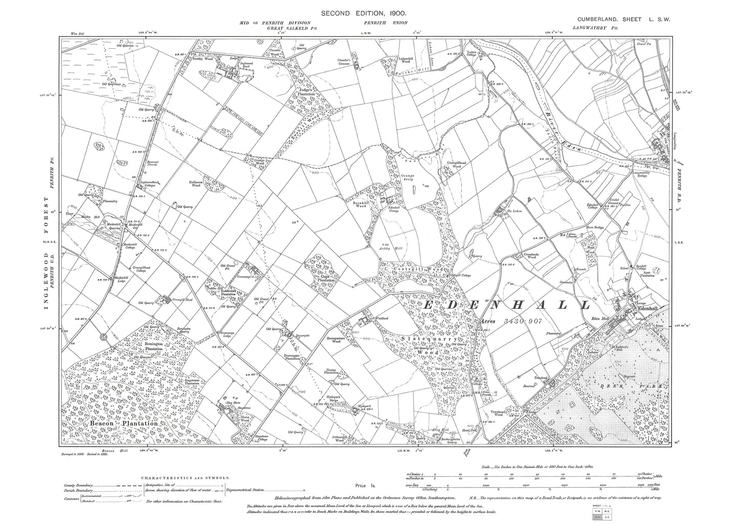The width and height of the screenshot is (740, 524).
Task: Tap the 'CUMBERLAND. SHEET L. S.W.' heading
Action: [620, 19]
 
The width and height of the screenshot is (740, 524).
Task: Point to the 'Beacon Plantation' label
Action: [123, 424]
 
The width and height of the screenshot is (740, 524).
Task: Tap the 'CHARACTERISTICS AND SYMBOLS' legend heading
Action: [186, 477]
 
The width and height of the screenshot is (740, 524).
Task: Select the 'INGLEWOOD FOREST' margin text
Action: [47, 254]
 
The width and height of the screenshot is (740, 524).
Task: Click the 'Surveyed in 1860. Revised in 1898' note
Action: [87, 453]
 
